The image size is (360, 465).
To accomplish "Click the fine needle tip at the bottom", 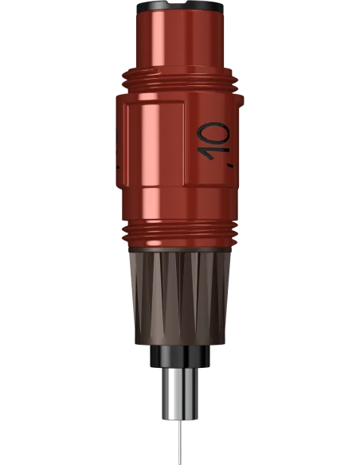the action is point(180,464).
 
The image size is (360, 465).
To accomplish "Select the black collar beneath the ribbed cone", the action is point(180,356).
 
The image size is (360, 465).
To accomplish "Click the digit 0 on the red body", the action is point(214,132).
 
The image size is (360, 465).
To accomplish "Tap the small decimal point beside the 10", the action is point(229,166).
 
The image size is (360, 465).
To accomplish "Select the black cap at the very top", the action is point(180,6).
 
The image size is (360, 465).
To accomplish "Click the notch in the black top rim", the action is point(179,3).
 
